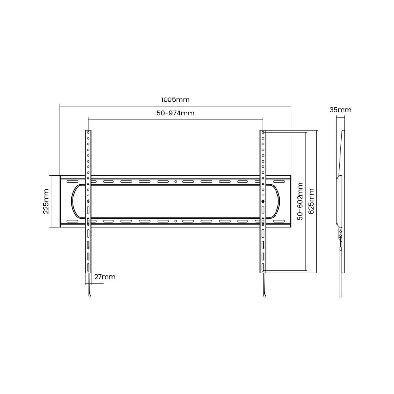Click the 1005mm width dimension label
pyautogui.click(x=175, y=100)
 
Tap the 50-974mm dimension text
pyautogui.click(x=176, y=113)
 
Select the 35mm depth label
pyautogui.click(x=340, y=110)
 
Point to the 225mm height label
pyautogui.click(x=46, y=201)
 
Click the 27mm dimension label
pyautogui.click(x=105, y=277)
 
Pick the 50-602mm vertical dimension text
pyautogui.click(x=300, y=201)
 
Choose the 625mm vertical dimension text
pyautogui.click(x=311, y=201)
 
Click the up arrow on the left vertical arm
pyautogui.click(x=88, y=201)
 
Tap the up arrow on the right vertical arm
pyautogui.click(x=263, y=201)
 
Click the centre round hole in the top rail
pyautogui.click(x=176, y=182)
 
